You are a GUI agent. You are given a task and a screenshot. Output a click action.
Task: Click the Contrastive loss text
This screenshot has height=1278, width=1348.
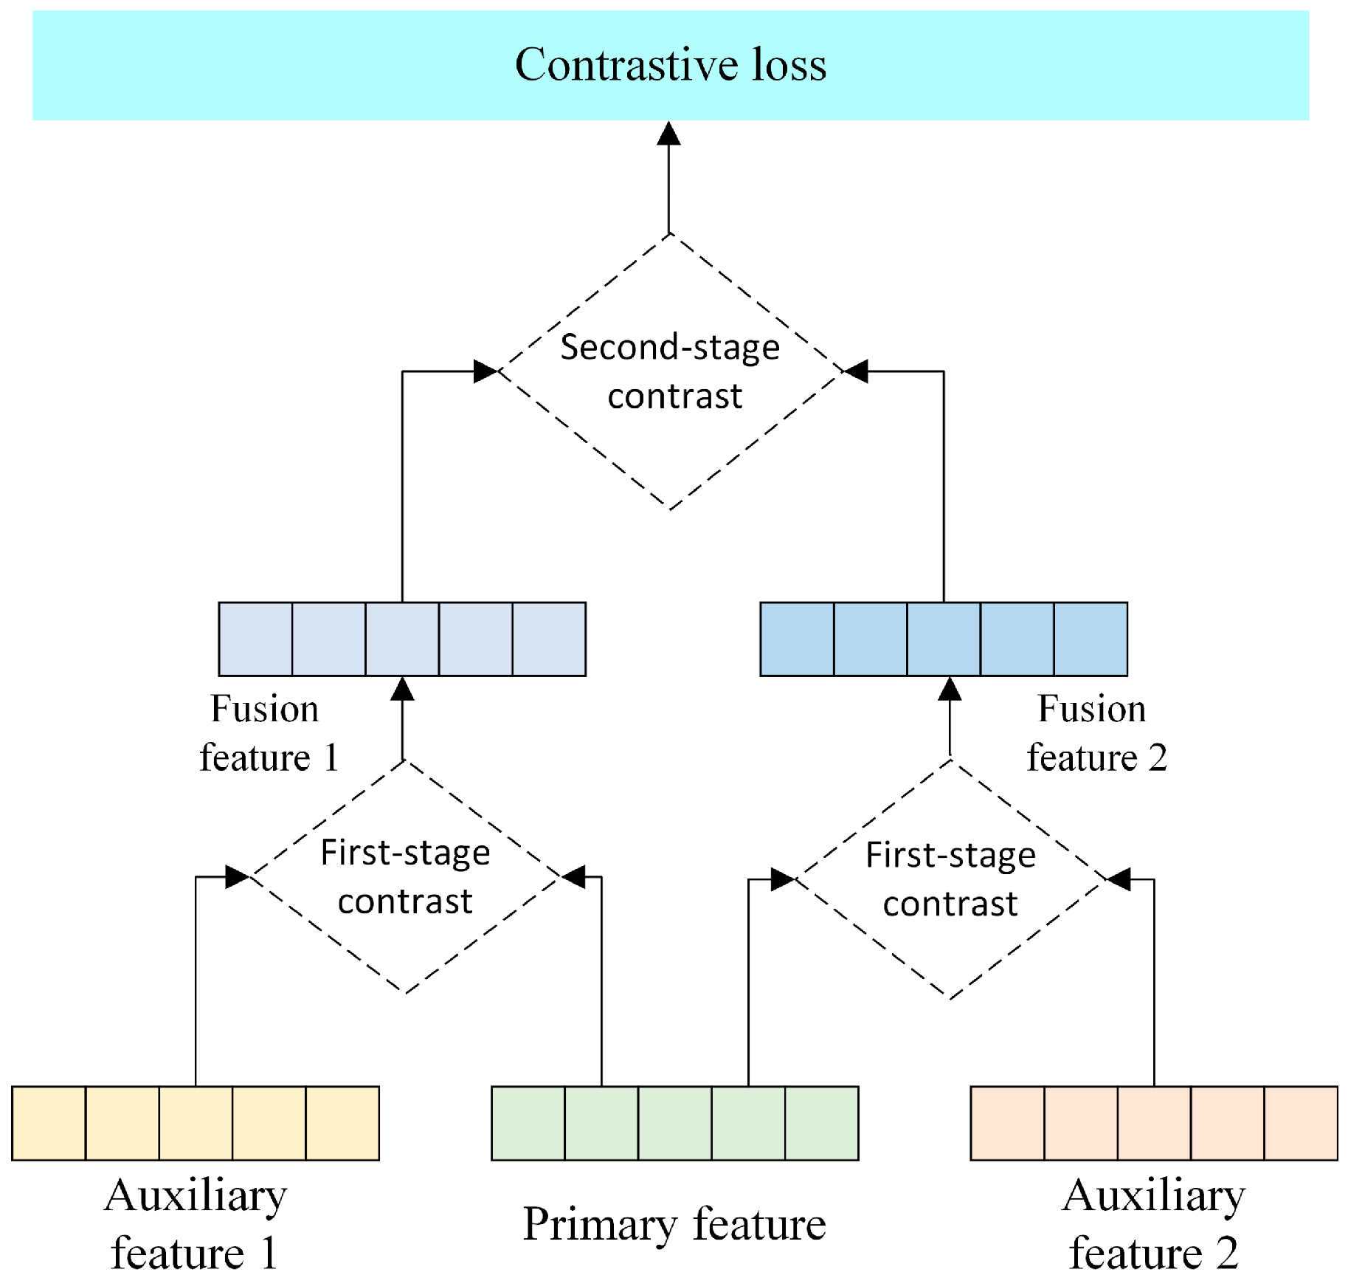[670, 65]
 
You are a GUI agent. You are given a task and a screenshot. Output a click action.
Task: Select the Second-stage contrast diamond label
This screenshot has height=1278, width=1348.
[670, 371]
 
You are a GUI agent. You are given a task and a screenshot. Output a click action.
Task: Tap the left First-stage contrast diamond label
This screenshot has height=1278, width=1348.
[405, 876]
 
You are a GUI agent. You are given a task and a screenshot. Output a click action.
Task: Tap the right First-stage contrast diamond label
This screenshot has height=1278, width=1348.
[950, 879]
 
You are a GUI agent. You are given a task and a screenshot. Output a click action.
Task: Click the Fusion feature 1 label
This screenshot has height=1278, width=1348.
[267, 733]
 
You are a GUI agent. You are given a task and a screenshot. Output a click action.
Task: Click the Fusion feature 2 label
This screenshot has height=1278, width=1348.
[1095, 733]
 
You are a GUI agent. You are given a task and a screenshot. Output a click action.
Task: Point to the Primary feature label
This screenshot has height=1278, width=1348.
[674, 1223]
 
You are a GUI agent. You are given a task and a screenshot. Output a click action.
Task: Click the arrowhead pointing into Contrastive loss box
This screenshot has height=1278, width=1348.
[668, 134]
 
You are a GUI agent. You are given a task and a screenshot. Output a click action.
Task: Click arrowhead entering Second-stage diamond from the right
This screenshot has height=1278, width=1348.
[856, 371]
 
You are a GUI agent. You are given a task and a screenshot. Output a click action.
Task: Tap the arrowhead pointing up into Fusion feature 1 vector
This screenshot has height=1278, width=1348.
[402, 689]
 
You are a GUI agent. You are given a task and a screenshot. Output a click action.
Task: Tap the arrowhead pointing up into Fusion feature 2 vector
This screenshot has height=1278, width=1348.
[950, 689]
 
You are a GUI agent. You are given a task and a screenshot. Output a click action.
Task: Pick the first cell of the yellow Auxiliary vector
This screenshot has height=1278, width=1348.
[49, 1123]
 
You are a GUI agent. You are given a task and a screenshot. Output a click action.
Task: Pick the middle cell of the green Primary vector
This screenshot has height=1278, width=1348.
[674, 1123]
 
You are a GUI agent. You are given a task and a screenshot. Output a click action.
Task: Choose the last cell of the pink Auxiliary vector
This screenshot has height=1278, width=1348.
[1300, 1123]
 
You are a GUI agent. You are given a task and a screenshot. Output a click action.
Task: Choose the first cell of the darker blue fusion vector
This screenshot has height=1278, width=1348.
[797, 639]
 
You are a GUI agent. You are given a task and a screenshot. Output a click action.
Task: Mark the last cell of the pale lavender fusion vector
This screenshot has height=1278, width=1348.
[549, 639]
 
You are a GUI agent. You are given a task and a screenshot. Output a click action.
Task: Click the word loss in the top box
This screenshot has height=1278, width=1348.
[789, 65]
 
